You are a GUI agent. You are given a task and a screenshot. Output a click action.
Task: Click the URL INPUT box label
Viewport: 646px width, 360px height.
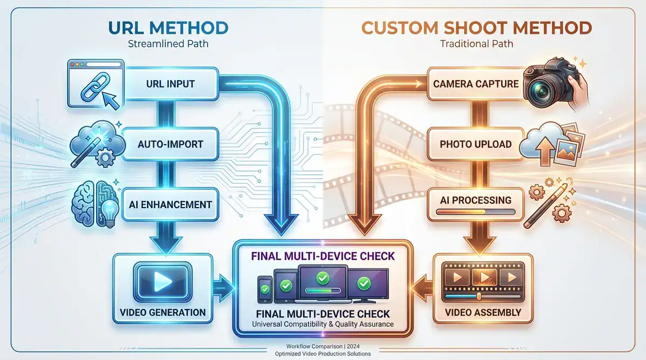[170, 84]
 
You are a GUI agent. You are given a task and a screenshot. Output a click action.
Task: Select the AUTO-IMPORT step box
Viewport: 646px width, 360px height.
[170, 144]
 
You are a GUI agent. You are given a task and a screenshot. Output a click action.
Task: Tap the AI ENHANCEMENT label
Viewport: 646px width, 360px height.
[170, 204]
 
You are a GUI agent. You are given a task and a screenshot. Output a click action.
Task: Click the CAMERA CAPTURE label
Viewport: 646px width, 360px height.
[475, 84]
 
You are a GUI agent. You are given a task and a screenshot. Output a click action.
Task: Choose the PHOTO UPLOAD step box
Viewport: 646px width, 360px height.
[475, 144]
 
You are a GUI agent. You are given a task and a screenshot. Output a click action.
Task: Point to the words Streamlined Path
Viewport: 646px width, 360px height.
[168, 44]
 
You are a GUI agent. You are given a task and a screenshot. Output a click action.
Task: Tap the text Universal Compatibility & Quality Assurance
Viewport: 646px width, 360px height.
[322, 324]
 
